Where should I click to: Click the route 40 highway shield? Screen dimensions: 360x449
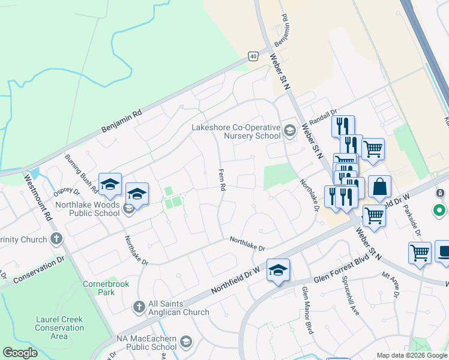pyautogui.click(x=254, y=56)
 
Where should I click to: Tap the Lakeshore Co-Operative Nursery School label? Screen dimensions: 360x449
pyautogui.click(x=236, y=131)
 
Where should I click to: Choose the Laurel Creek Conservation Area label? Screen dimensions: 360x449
pyautogui.click(x=59, y=328)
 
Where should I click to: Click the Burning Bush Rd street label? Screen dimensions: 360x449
pyautogui.click(x=82, y=173)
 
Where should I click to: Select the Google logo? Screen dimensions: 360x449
pyautogui.click(x=20, y=353)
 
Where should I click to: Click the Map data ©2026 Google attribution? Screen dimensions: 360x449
pyautogui.click(x=411, y=355)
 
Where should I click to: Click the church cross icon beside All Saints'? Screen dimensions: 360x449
pyautogui.click(x=139, y=307)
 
